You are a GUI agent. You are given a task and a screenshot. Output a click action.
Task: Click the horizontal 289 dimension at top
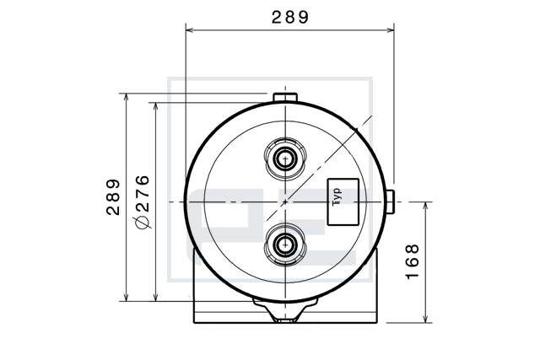click(290, 17)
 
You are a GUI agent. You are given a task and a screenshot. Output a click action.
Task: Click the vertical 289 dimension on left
click(113, 197)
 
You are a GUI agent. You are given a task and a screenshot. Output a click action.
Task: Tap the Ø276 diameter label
click(143, 202)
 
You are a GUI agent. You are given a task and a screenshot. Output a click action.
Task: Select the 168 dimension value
click(412, 262)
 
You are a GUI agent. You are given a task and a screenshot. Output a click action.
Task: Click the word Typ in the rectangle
click(337, 197)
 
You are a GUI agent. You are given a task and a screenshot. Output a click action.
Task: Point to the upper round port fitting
click(285, 159)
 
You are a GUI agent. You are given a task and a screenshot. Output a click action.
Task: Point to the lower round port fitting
click(285, 244)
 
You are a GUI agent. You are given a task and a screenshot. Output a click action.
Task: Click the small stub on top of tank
click(285, 98)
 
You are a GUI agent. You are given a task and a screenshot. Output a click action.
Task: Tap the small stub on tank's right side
click(390, 201)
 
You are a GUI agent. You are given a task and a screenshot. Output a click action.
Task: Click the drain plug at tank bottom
click(285, 310)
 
